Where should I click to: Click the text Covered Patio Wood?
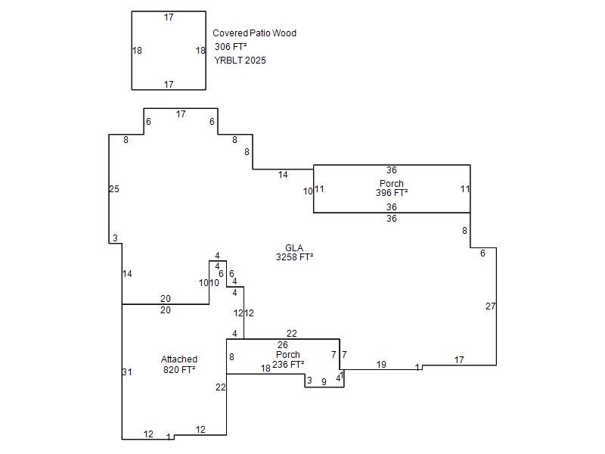pyautogui.click(x=254, y=33)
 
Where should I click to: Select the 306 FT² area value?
pyautogui.click(x=231, y=47)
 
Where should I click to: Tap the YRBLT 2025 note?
pyautogui.click(x=240, y=61)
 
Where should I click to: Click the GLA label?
pyautogui.click(x=294, y=248)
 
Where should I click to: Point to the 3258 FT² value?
pyautogui.click(x=294, y=257)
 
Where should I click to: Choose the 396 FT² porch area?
pyautogui.click(x=392, y=193)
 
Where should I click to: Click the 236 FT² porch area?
pyautogui.click(x=288, y=365)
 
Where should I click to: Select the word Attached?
pyautogui.click(x=179, y=359)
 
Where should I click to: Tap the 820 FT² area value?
pyautogui.click(x=179, y=370)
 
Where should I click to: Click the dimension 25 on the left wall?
pyautogui.click(x=114, y=189)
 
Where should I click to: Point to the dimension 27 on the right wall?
pyautogui.click(x=491, y=306)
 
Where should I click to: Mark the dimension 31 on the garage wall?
pyautogui.click(x=127, y=372)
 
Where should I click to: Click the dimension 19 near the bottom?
pyautogui.click(x=381, y=365)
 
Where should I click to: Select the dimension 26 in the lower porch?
pyautogui.click(x=283, y=345)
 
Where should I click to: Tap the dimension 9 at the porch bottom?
pyautogui.click(x=324, y=382)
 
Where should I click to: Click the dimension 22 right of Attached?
pyautogui.click(x=220, y=387)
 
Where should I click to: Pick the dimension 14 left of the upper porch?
pyautogui.click(x=283, y=175)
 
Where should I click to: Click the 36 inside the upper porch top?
pyautogui.click(x=392, y=170)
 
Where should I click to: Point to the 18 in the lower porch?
pyautogui.click(x=265, y=368)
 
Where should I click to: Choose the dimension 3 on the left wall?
pyautogui.click(x=115, y=238)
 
